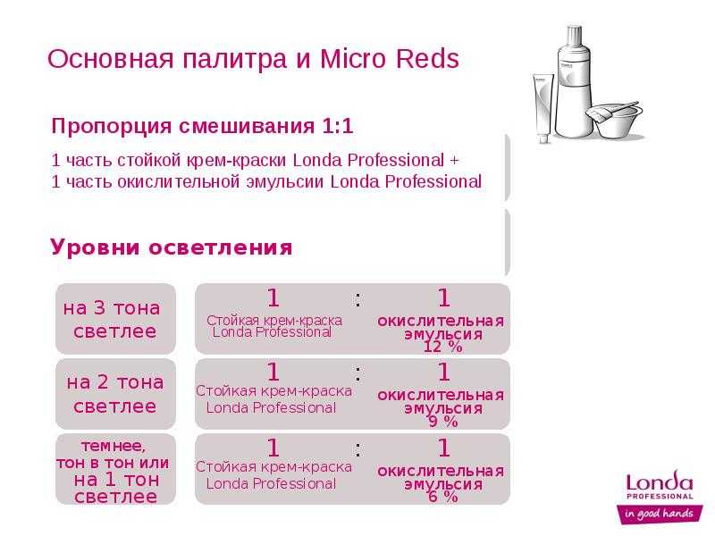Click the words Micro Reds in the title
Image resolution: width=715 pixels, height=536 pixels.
pyautogui.click(x=390, y=58)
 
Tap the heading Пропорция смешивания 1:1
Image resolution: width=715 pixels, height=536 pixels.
pyautogui.click(x=203, y=126)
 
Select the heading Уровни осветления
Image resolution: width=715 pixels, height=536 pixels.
pyautogui.click(x=172, y=247)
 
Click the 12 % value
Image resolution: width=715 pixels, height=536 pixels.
pyautogui.click(x=442, y=347)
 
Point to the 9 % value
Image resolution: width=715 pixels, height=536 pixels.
pyautogui.click(x=443, y=422)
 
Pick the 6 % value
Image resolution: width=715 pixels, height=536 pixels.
pyautogui.click(x=443, y=497)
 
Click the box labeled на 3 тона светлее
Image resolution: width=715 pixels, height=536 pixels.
pyautogui.click(x=115, y=319)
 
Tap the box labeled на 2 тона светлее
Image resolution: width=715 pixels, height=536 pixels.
pyautogui.click(x=115, y=394)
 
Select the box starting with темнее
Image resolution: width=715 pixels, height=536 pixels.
pyautogui.click(x=115, y=469)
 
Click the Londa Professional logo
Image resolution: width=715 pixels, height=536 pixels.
pyautogui.click(x=660, y=485)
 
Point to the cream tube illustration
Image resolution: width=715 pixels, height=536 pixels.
pyautogui.click(x=543, y=108)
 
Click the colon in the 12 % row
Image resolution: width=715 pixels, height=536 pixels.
pyautogui.click(x=358, y=299)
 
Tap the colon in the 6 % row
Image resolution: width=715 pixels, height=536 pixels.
pyautogui.click(x=358, y=449)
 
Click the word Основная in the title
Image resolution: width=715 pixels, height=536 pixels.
pyautogui.click(x=110, y=59)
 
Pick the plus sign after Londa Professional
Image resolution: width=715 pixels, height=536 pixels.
pyautogui.click(x=454, y=161)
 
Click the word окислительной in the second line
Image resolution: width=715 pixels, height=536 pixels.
pyautogui.click(x=179, y=182)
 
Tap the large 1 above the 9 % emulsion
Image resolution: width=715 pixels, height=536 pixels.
pyautogui.click(x=443, y=372)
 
